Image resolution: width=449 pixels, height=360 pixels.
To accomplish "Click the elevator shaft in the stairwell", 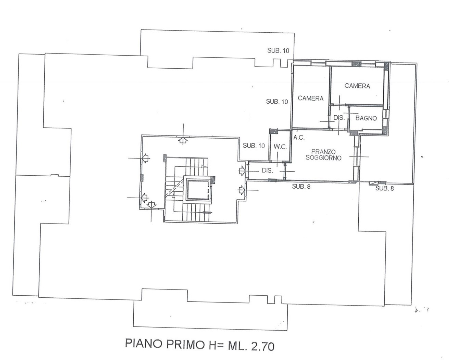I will coord(198,189).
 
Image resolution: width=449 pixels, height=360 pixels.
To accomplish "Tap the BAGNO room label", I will coord(366,118).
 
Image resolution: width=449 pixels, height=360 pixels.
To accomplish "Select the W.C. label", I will coord(279,147).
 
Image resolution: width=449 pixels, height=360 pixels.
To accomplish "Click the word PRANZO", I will coord(323,151).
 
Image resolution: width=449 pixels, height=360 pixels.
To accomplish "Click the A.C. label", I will coord(299,137).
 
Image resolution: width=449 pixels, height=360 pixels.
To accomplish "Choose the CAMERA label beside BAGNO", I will coord(357,86).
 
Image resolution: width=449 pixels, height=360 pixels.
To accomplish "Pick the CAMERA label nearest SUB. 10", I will coord(311,98).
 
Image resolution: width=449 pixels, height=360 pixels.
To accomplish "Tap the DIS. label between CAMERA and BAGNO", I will coord(338,118).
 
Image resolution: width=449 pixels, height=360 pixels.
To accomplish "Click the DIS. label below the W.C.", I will coord(267,170).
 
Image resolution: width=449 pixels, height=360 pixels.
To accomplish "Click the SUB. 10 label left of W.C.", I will coord(253,146).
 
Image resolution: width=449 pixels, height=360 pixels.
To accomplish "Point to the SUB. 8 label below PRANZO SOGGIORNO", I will coord(302,187).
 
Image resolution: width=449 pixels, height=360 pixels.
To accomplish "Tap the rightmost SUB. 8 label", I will coord(385,188).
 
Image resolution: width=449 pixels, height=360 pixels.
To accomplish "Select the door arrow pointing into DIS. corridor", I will coord(242,171).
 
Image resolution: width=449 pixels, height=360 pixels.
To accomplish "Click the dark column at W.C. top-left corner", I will coord(273,131).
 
